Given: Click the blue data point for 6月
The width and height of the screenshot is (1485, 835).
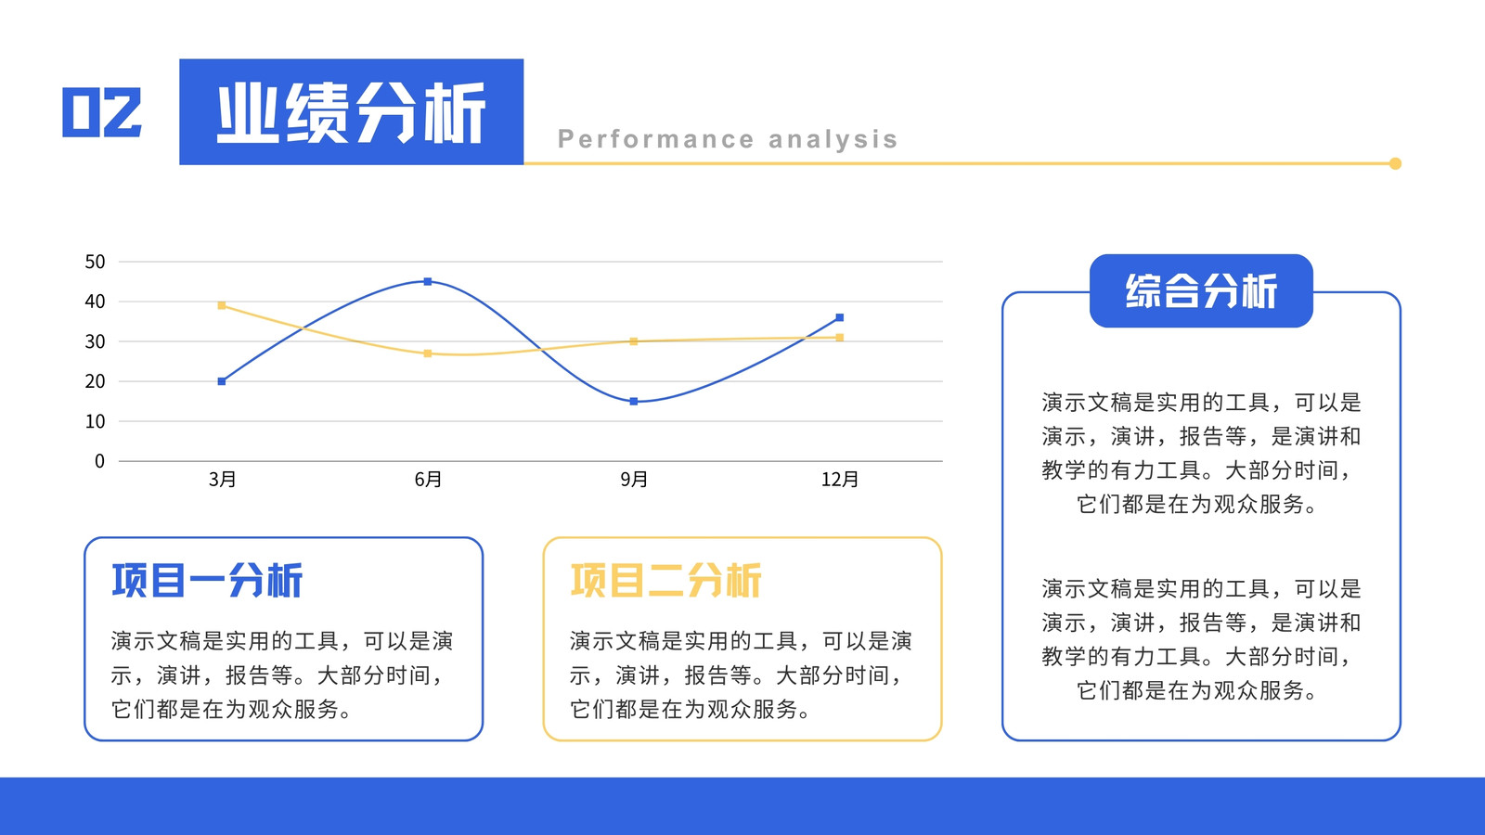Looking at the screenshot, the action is (x=428, y=282).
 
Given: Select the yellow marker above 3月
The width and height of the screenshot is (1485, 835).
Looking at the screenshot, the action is (x=222, y=305).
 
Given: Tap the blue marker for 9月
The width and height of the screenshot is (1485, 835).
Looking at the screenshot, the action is (x=634, y=402).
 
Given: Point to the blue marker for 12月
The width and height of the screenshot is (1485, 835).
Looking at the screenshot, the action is (x=839, y=317).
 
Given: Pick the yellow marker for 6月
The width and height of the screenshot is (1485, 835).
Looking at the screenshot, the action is (x=428, y=353).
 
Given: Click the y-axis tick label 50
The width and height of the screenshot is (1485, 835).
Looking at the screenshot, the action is (x=95, y=262).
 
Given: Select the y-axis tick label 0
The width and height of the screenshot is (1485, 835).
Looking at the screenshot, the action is (x=99, y=461).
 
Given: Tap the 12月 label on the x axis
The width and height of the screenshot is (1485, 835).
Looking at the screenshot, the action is (x=840, y=479).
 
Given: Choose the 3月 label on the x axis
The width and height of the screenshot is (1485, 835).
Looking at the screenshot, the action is (x=222, y=479).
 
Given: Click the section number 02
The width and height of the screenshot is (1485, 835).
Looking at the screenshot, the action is (x=102, y=112).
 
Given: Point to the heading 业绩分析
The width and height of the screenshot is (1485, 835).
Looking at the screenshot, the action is (x=352, y=112).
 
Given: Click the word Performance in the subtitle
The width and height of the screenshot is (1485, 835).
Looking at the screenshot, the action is (x=656, y=139).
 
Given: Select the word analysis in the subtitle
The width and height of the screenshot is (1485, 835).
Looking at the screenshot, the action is (x=833, y=139).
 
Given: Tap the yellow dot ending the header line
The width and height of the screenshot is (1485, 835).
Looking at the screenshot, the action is (x=1396, y=163).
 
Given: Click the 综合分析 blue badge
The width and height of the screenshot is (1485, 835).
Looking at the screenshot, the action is (x=1201, y=291).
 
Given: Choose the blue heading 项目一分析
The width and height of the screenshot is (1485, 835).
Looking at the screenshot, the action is (x=208, y=581).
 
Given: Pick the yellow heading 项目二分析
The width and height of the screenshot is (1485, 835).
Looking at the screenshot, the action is (x=666, y=581).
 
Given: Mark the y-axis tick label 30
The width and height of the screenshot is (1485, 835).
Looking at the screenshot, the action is (x=95, y=342).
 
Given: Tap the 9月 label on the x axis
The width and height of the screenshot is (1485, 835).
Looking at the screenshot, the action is (x=634, y=479).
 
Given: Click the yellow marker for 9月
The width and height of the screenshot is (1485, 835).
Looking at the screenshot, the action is (x=634, y=342).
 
